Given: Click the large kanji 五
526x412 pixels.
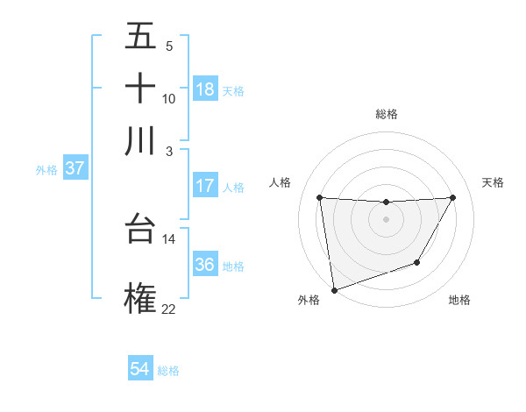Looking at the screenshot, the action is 140,37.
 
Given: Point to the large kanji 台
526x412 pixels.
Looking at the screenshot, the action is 140,229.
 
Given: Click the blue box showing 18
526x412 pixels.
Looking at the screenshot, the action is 205,89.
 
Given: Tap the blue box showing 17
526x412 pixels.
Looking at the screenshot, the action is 205,186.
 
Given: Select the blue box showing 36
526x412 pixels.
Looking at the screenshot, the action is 205,265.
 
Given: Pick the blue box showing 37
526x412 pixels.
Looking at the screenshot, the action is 75,168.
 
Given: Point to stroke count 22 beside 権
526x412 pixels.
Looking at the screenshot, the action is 168,309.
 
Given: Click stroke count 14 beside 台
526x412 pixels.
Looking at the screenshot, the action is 168,238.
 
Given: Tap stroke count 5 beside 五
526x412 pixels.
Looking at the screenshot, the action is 168,46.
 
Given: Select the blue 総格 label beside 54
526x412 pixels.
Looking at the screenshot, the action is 168,371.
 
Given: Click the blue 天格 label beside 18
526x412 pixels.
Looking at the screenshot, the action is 233,90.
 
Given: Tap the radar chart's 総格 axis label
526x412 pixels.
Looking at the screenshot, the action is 386,114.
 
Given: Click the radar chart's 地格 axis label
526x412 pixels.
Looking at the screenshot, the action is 459,301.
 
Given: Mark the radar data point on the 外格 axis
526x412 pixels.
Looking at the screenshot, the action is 334,289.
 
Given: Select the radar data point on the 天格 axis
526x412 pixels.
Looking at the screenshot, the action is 452,198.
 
